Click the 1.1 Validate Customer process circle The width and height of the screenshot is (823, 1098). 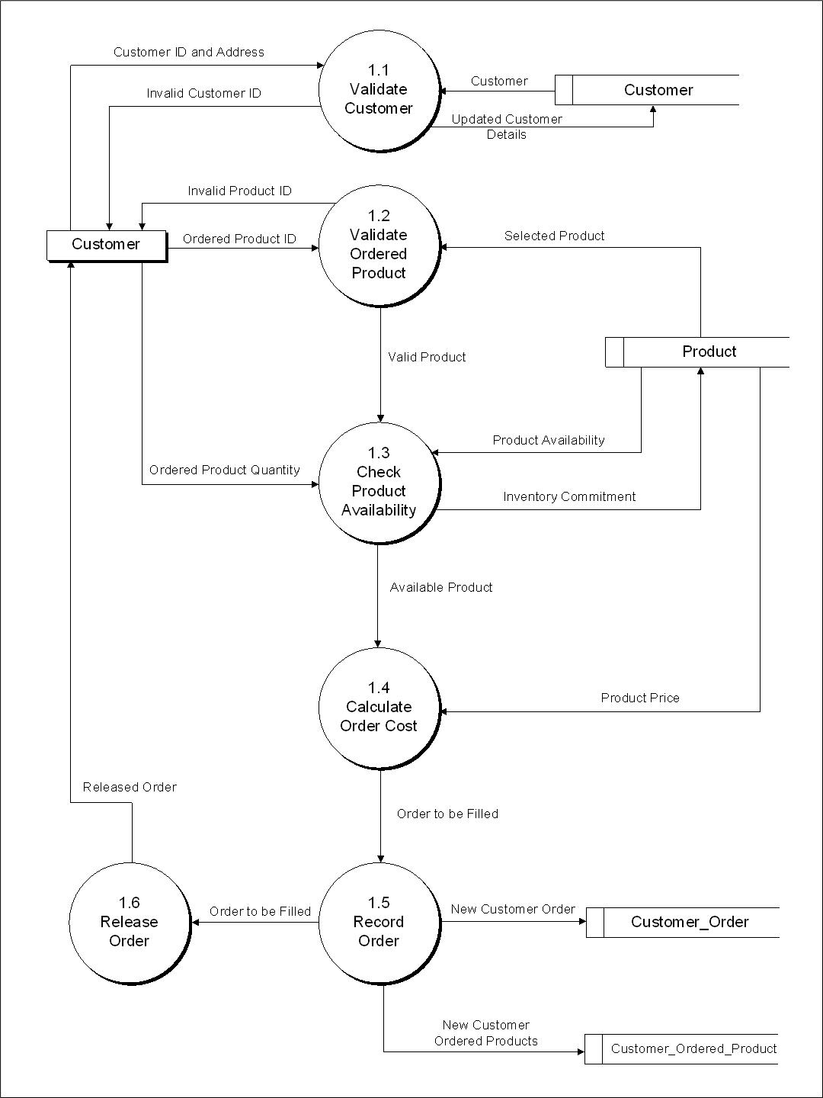[378, 90]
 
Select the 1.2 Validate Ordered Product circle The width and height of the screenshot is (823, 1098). [378, 246]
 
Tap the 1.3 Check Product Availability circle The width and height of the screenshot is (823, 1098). [378, 483]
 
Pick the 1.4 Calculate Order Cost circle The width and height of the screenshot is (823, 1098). [378, 708]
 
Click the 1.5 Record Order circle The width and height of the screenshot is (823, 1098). [378, 922]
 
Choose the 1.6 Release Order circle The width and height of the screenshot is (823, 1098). [129, 922]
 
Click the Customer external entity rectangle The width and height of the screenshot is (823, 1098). [106, 245]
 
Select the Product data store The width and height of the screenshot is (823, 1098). [697, 352]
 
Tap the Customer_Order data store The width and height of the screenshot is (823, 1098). [683, 922]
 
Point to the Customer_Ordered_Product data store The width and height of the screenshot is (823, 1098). [681, 1048]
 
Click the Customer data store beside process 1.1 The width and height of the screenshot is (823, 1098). [648, 90]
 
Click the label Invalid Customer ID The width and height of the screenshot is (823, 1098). [203, 93]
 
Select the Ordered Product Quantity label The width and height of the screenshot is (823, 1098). [224, 470]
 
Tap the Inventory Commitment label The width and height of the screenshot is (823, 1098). [569, 496]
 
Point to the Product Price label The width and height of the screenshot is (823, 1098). [639, 698]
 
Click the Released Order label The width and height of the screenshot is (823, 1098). [130, 787]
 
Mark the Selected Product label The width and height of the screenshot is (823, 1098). [554, 236]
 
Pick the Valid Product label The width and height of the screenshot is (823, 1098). [427, 357]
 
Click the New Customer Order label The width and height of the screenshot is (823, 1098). [513, 909]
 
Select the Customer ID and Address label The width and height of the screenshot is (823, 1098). [188, 52]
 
